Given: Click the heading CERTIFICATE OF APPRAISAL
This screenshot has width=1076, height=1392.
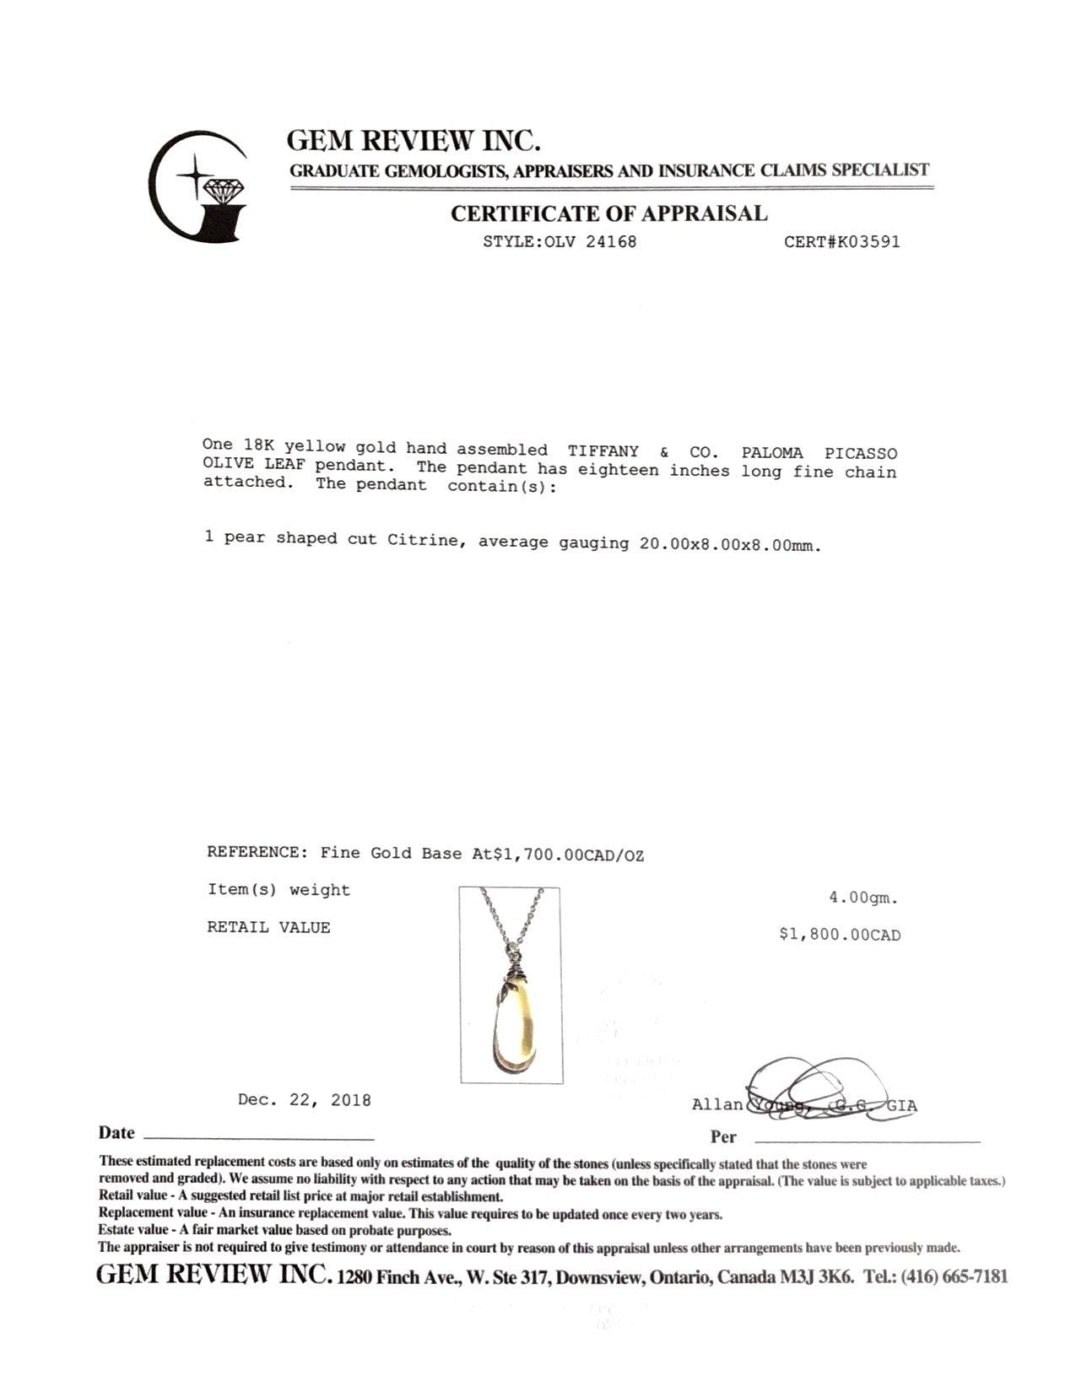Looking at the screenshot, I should click(608, 213).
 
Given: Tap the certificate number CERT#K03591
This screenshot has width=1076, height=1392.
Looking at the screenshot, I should click(841, 242).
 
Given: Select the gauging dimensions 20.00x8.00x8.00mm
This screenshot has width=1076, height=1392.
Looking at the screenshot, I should click(729, 544).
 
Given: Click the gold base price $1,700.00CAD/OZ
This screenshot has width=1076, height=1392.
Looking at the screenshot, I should click(568, 855).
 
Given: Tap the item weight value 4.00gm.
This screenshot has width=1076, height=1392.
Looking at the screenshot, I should click(862, 898).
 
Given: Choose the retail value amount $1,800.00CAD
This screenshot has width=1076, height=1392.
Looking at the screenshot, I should click(840, 935).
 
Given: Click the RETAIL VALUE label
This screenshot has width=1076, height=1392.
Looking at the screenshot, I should click(268, 927).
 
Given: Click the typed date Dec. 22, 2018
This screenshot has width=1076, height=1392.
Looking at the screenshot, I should click(304, 1100).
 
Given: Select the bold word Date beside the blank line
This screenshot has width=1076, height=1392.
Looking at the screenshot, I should click(116, 1133).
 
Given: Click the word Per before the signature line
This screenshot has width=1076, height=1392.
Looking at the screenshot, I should click(723, 1136).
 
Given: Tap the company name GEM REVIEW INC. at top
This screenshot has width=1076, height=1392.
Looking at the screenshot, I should click(414, 140).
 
